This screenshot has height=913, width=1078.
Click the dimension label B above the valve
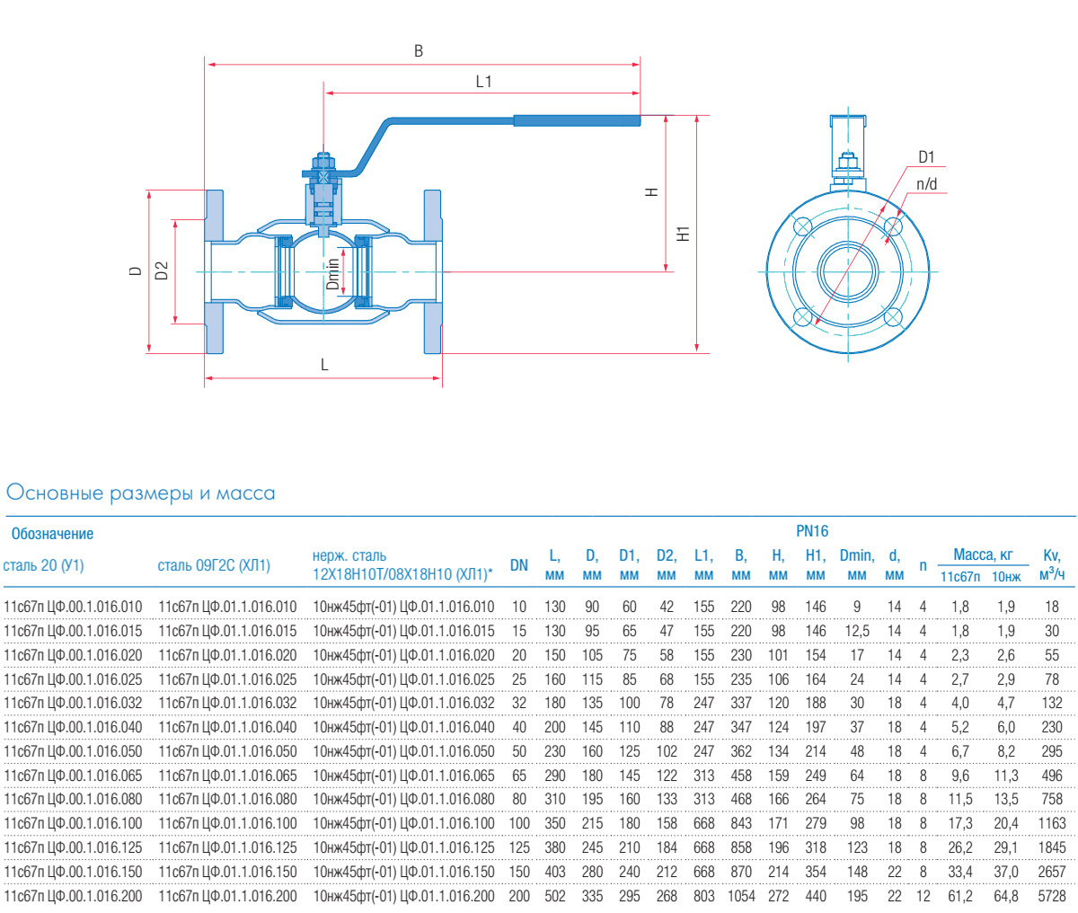click(419, 51)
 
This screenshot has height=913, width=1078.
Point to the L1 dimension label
click(484, 82)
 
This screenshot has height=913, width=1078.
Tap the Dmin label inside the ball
click(333, 274)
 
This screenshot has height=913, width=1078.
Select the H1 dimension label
click(684, 234)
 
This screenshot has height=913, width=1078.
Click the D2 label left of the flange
click(162, 270)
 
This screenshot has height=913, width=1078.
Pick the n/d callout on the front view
click(926, 184)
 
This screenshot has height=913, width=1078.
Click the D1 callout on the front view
click(926, 157)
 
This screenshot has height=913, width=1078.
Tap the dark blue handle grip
click(576, 120)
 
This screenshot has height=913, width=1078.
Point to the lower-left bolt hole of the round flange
click(802, 315)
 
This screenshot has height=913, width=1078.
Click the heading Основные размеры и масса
click(141, 493)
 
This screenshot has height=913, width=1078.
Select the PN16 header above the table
click(812, 531)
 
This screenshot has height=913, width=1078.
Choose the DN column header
click(518, 565)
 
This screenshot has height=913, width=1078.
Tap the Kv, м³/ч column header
click(1052, 565)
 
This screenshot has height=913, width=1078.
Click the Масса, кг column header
click(982, 555)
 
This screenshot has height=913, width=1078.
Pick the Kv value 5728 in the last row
click(1052, 896)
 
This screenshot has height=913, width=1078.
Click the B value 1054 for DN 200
click(741, 896)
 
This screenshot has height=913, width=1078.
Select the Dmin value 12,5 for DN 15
click(857, 631)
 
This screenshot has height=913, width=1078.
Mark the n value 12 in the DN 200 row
click(923, 896)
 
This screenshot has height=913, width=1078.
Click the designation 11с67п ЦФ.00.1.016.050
click(73, 751)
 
